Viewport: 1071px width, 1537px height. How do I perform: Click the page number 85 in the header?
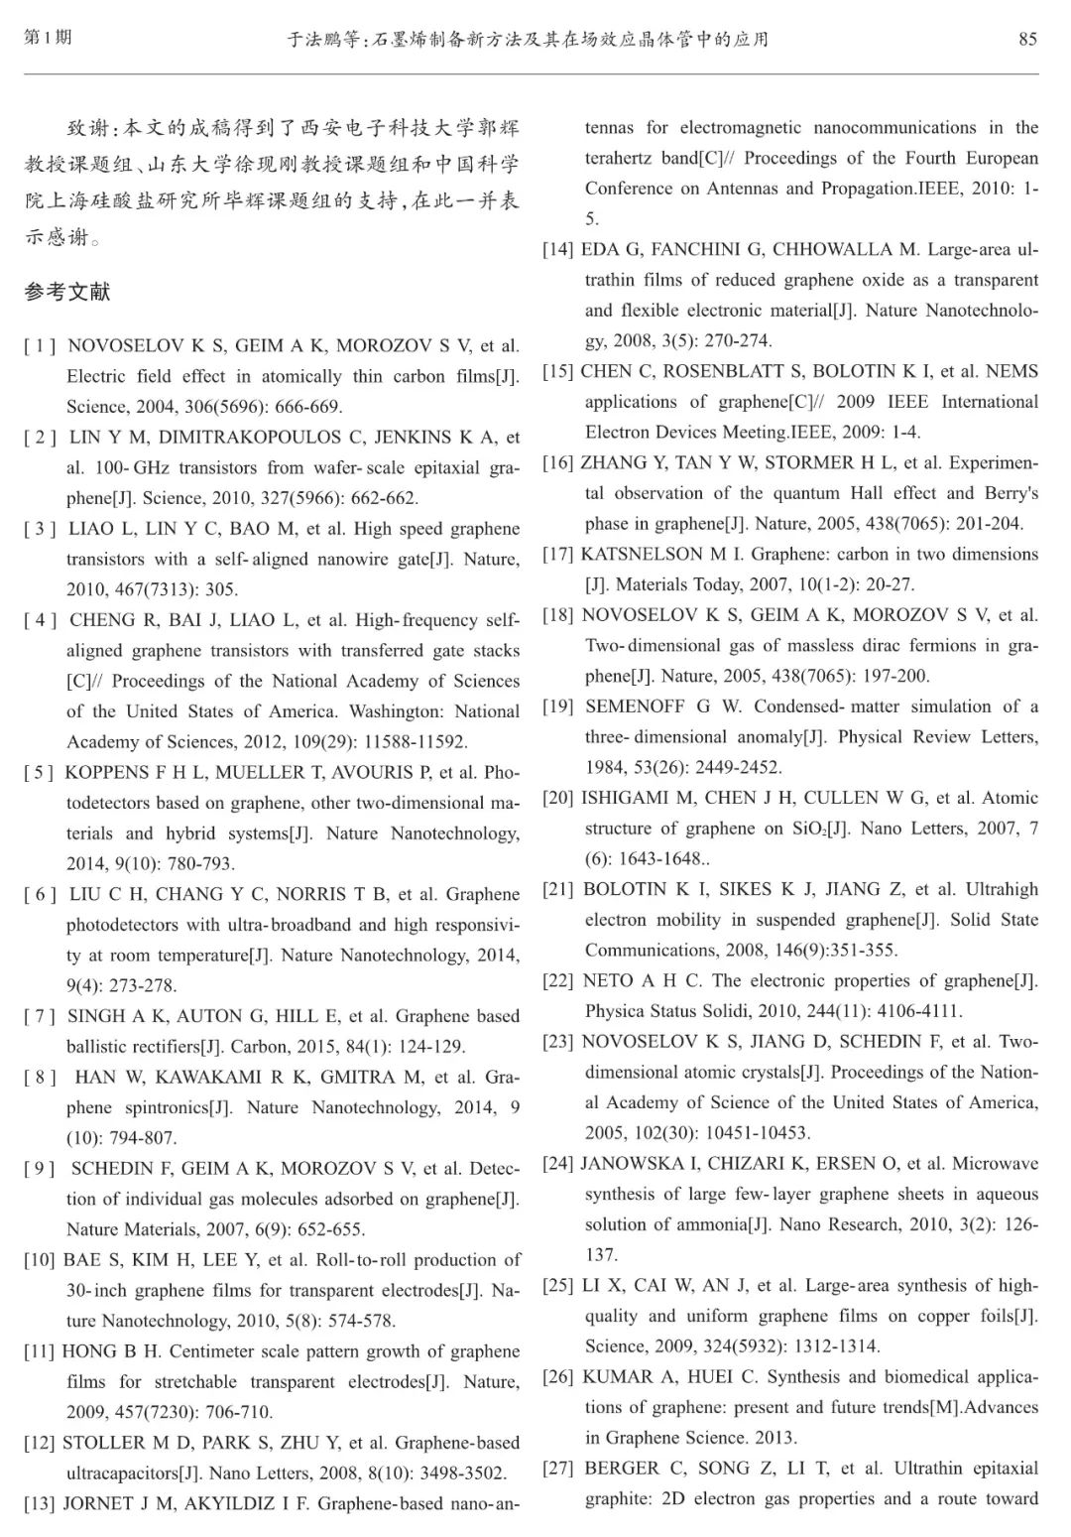pos(1027,39)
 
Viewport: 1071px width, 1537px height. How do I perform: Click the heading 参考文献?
pos(67,292)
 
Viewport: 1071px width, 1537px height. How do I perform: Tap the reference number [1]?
pos(40,346)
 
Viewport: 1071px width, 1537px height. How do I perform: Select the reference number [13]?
pos(40,1503)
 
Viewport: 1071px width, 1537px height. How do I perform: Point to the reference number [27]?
pos(558,1468)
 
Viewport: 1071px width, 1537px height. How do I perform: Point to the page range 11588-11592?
pos(411,741)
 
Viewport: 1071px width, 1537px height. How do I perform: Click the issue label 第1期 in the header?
pos(48,38)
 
